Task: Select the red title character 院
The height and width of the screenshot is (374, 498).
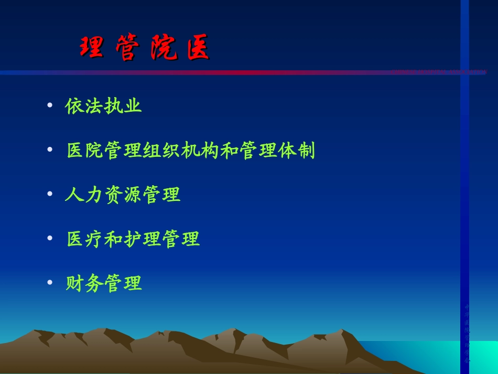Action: pos(164,49)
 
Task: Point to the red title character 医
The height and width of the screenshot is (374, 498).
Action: pos(198,49)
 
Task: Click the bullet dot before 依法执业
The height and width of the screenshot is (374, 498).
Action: pos(50,105)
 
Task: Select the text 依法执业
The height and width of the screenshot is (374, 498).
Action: pos(103,106)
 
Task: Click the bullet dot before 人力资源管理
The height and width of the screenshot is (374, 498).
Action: pos(50,194)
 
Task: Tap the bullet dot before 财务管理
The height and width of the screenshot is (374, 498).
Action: pos(50,283)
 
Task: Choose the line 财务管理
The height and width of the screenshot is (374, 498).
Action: pos(103,283)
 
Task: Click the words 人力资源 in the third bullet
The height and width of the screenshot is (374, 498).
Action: pos(103,195)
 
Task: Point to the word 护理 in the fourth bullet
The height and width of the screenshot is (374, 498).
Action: pos(142,239)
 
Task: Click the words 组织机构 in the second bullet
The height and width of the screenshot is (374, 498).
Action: pos(181,151)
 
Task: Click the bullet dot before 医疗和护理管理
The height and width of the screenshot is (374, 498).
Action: pos(50,239)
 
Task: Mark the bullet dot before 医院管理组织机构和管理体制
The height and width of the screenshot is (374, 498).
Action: pos(50,150)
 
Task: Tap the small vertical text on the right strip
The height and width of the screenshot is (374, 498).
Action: pos(467,333)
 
